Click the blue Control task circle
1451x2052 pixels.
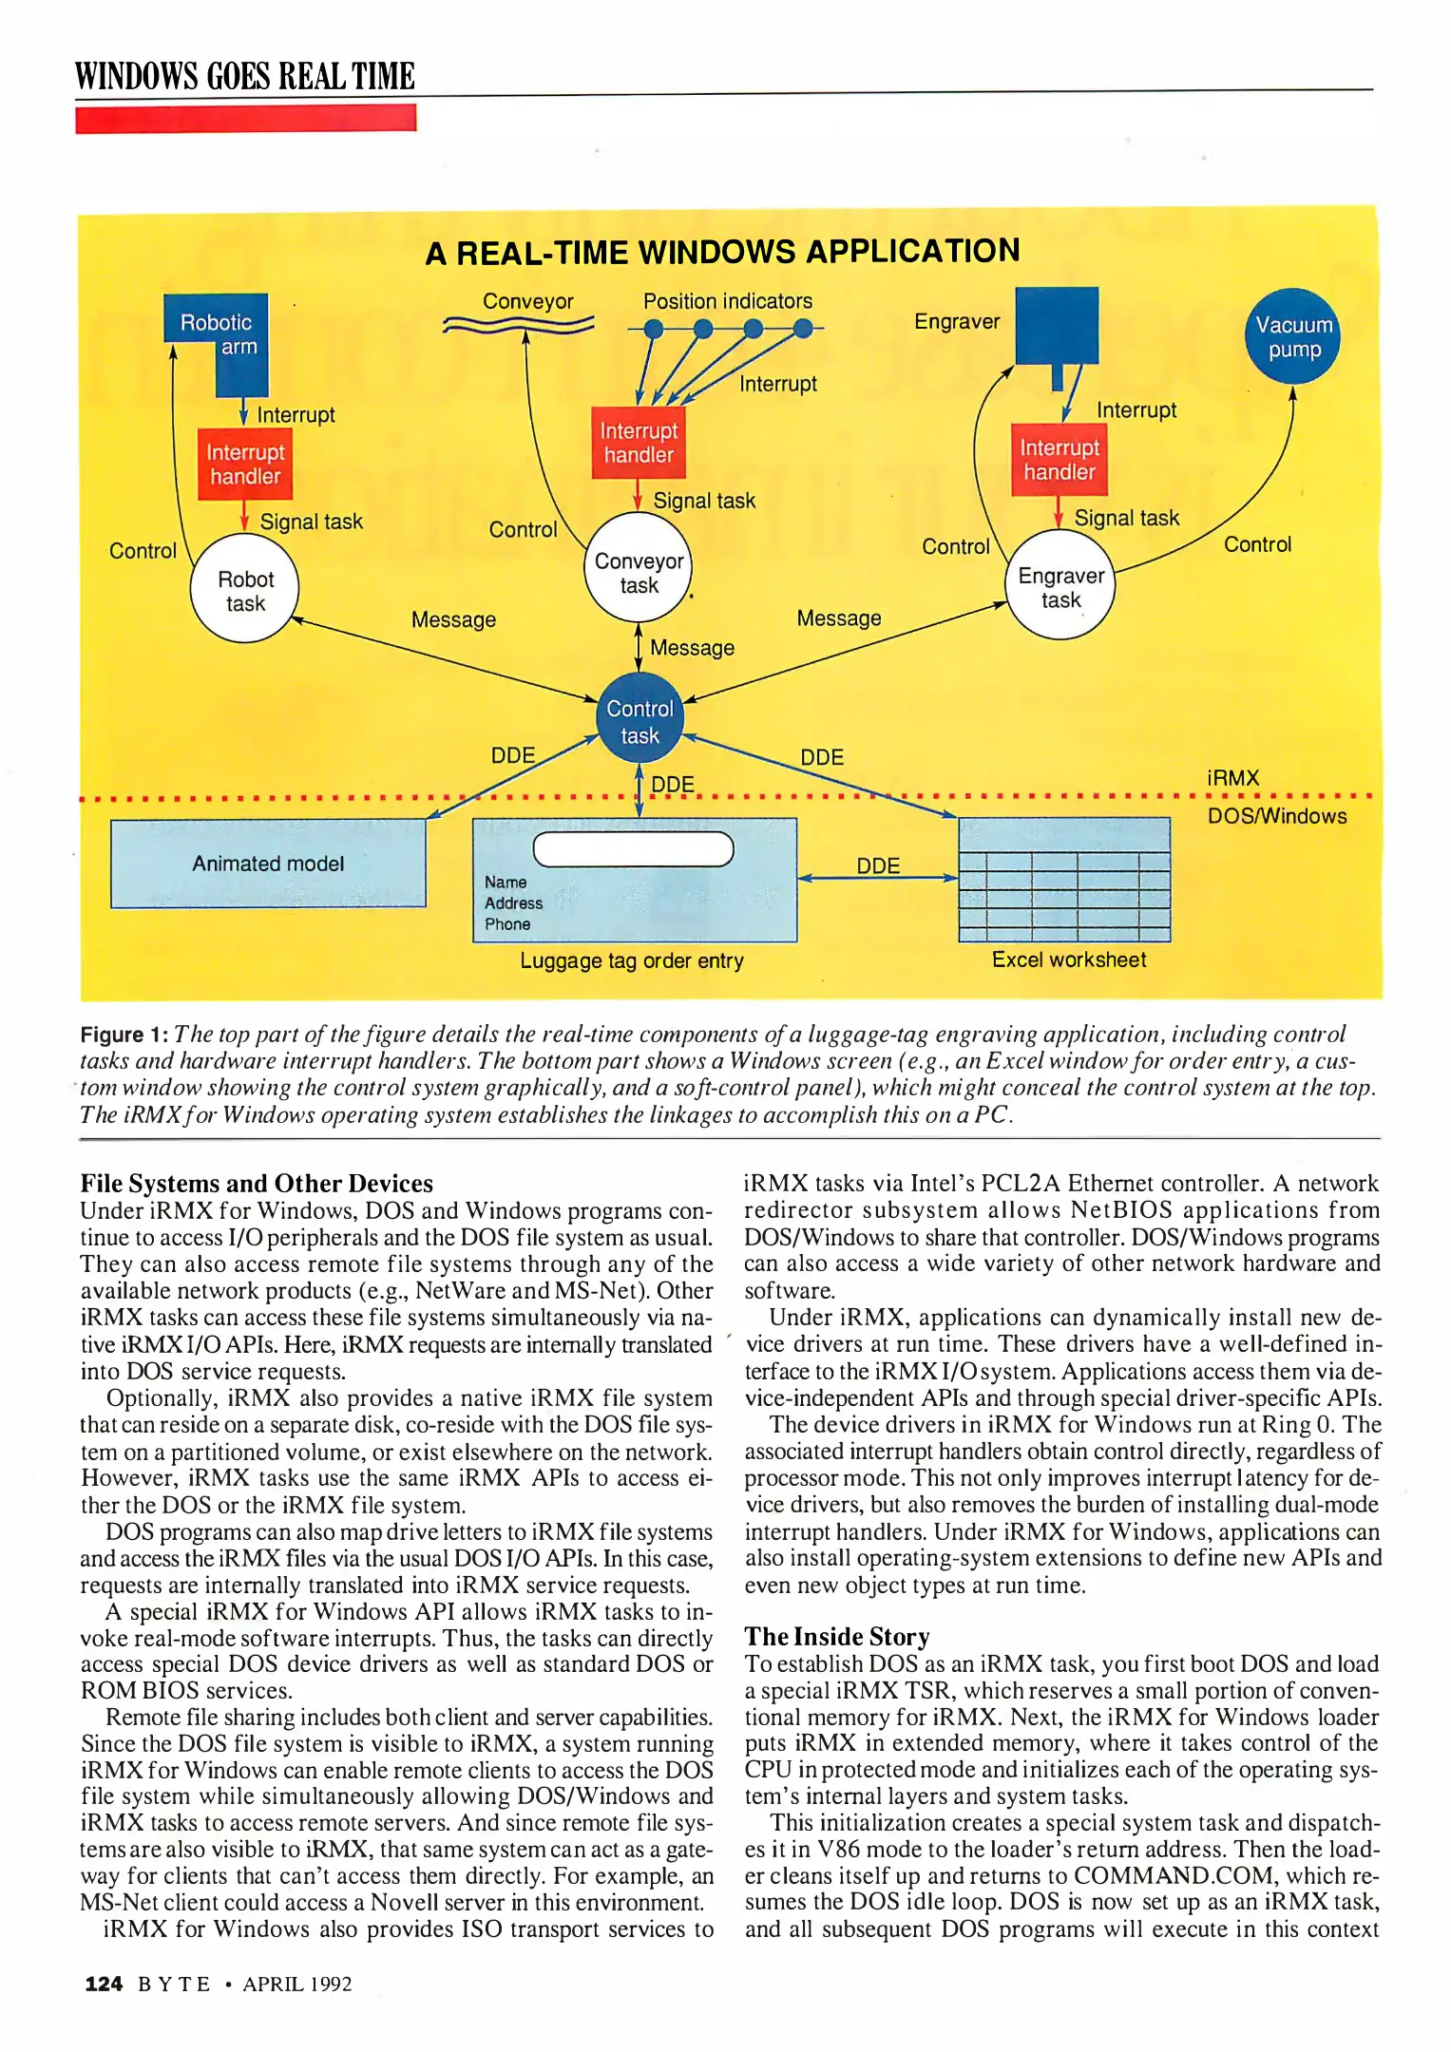pyautogui.click(x=640, y=721)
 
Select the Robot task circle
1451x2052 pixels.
pyautogui.click(x=245, y=590)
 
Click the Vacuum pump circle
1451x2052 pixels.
pyautogui.click(x=1293, y=336)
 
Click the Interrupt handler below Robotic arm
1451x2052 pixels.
pyautogui.click(x=245, y=464)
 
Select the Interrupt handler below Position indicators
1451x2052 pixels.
pyautogui.click(x=639, y=443)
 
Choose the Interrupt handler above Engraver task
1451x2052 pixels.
pyautogui.click(x=1059, y=460)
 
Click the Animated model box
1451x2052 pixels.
pyautogui.click(x=268, y=864)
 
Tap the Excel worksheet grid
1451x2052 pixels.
pyautogui.click(x=1064, y=880)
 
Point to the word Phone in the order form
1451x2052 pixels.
pyautogui.click(x=507, y=924)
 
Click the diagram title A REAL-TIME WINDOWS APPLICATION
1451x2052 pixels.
pyautogui.click(x=722, y=253)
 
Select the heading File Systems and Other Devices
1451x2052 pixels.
pyautogui.click(x=257, y=1184)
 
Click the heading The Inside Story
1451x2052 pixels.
pyautogui.click(x=837, y=1636)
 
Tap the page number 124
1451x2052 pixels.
pyautogui.click(x=104, y=1984)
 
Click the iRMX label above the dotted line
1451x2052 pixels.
pyautogui.click(x=1232, y=778)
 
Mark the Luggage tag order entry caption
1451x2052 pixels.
pyautogui.click(x=632, y=961)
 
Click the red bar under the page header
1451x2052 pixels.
pyautogui.click(x=245, y=119)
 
